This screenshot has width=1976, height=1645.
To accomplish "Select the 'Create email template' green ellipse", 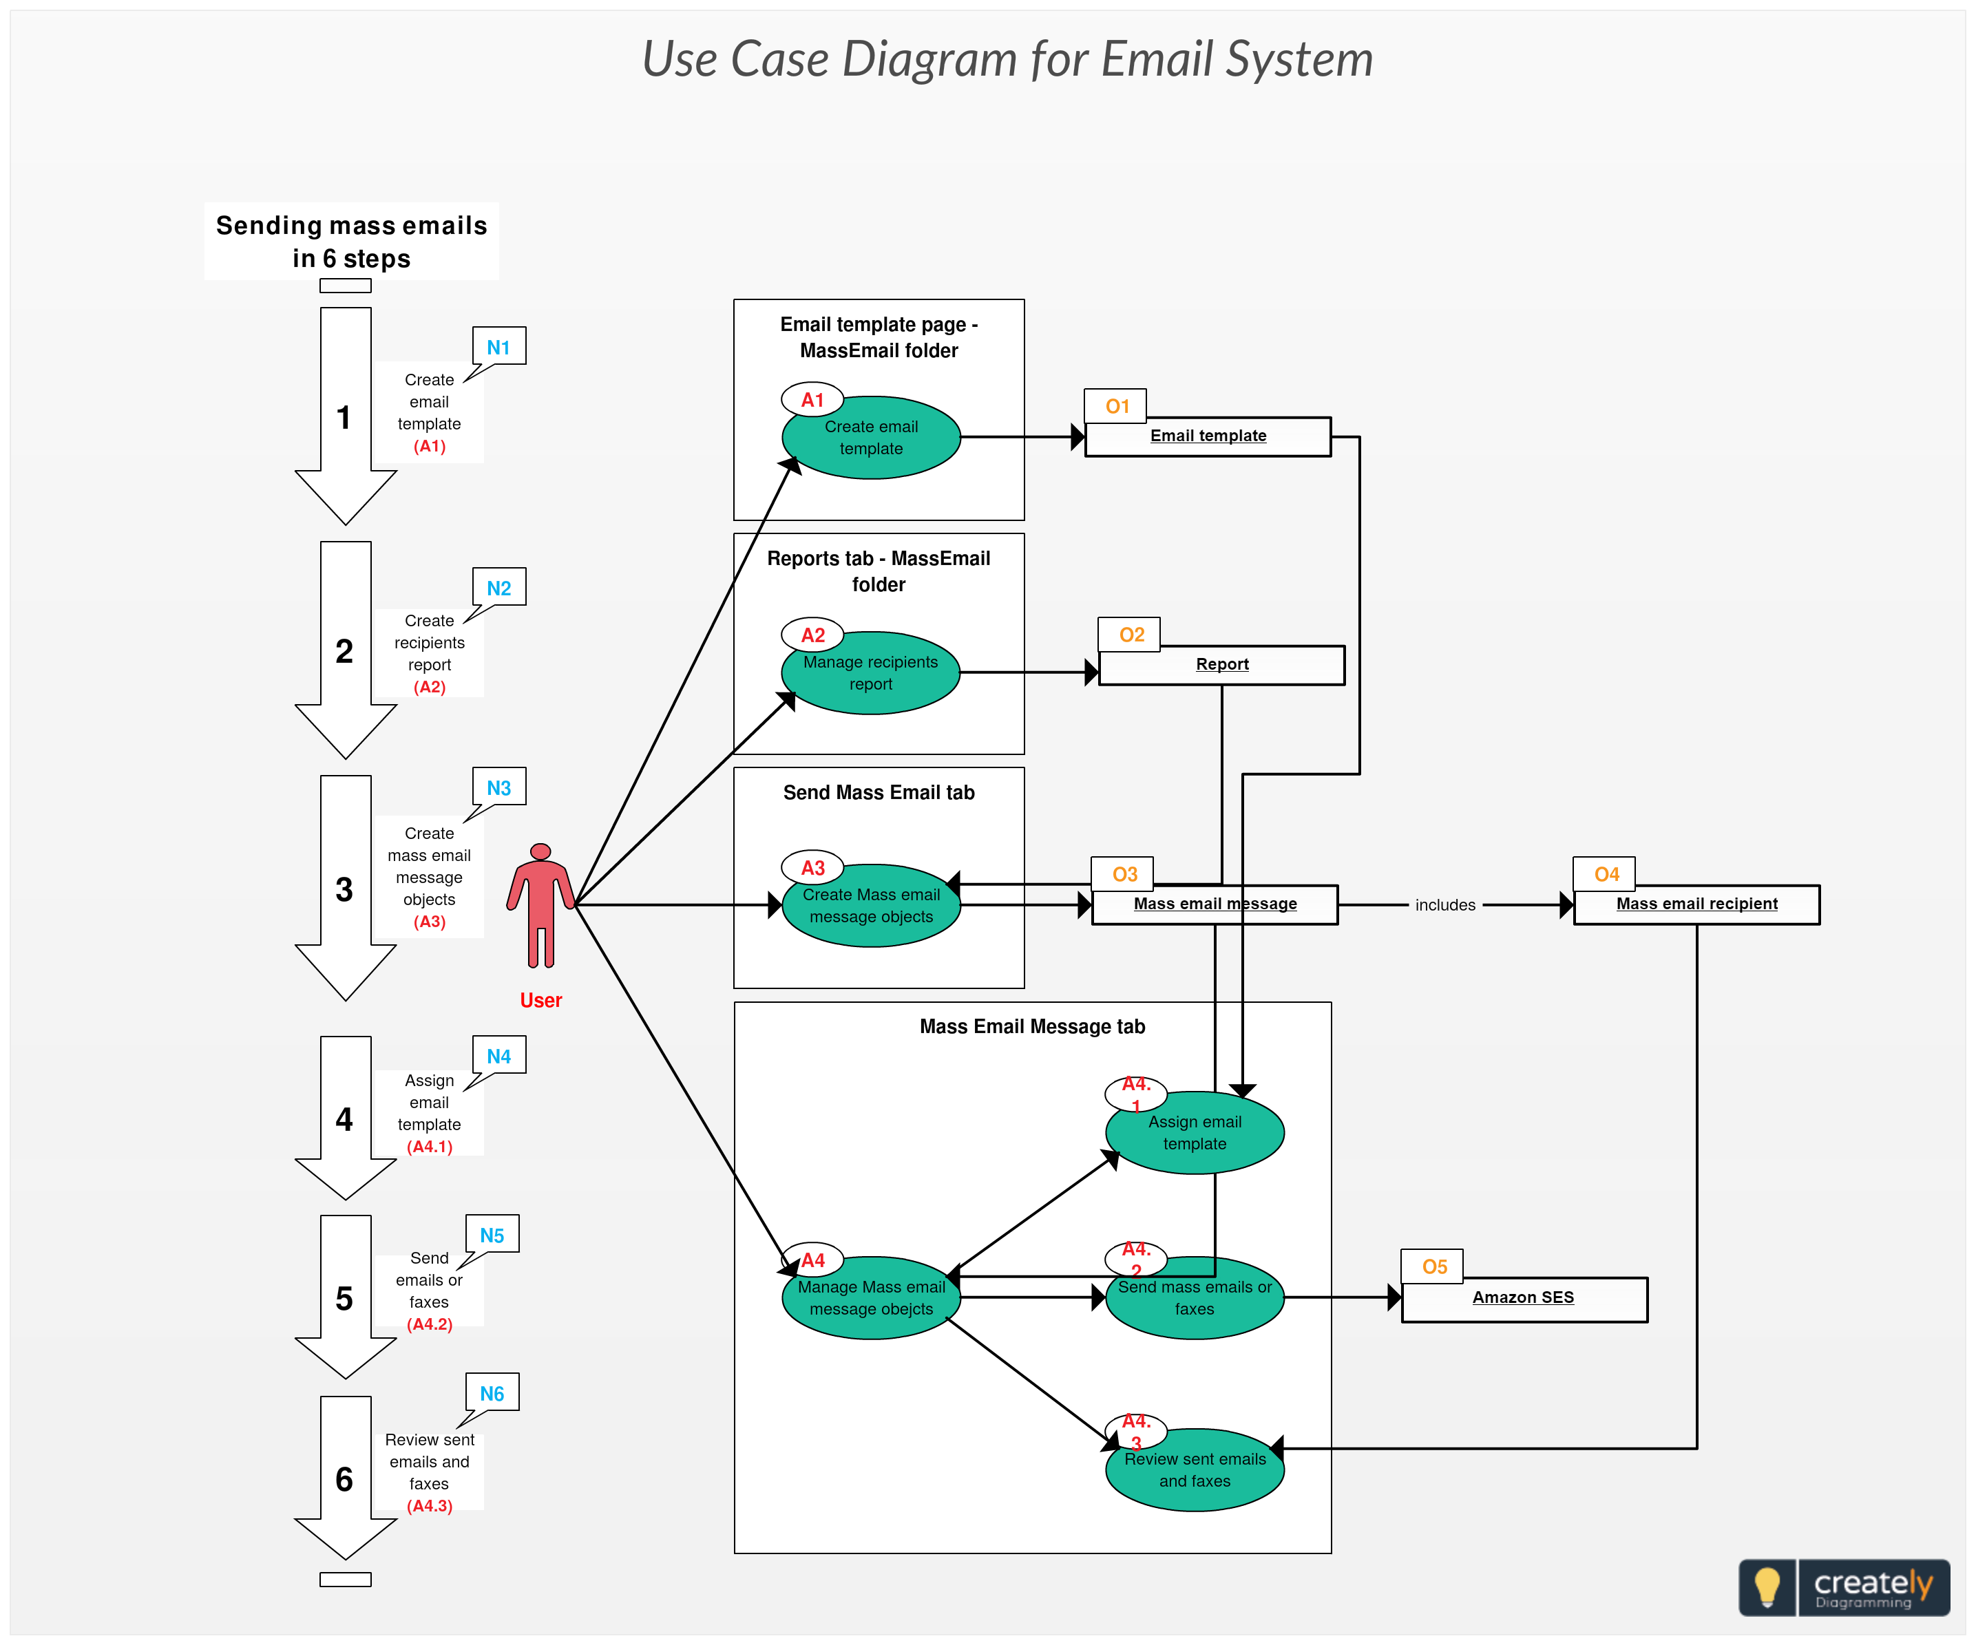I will [872, 438].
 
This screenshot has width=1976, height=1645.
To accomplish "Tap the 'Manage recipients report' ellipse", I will [872, 673].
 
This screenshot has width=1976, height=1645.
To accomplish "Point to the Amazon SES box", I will [1524, 1299].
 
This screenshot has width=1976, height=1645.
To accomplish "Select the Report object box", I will [1221, 665].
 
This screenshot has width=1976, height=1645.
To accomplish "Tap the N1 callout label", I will [498, 347].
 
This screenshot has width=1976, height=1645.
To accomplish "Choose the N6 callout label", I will [492, 1394].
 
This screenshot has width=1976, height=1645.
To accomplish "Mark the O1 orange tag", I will [1117, 406].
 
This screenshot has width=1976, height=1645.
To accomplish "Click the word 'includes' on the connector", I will [1445, 906].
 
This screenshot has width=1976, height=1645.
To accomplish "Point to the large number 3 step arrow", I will [344, 889].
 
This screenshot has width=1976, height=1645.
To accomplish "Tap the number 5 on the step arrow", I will [344, 1299].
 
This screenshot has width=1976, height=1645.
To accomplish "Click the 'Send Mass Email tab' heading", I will [879, 793].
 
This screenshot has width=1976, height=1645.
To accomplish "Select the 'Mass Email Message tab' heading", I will [1032, 1027].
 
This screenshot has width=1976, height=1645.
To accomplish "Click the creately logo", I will [1844, 1588].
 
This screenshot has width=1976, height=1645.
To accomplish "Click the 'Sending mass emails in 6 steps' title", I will [351, 242].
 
